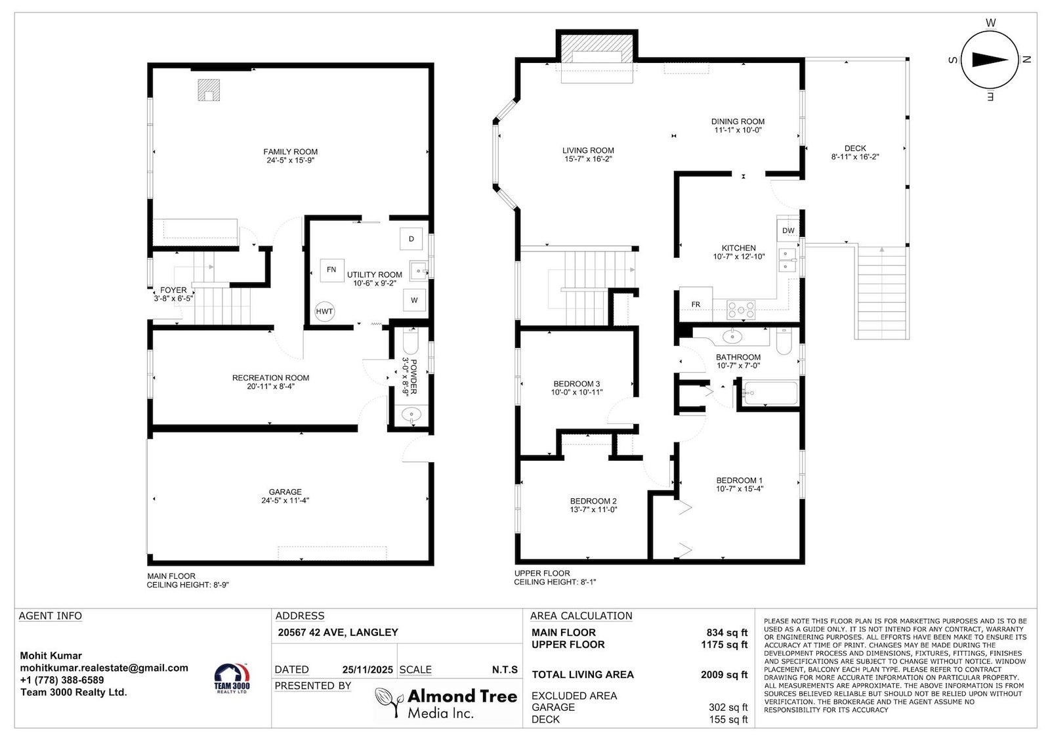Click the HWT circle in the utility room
324,311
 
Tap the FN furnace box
332,270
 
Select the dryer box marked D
411,239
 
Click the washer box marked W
414,300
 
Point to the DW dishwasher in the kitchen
788,230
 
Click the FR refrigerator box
696,305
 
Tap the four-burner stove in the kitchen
741,310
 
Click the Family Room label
291,152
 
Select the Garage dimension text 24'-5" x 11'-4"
285,500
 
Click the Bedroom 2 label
593,501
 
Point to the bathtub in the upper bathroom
770,393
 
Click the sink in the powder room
411,415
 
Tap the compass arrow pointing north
990,60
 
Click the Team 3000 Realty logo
232,679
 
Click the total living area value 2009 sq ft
724,675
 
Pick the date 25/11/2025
367,669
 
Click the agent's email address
104,668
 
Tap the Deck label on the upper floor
855,148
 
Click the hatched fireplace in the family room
209,90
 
